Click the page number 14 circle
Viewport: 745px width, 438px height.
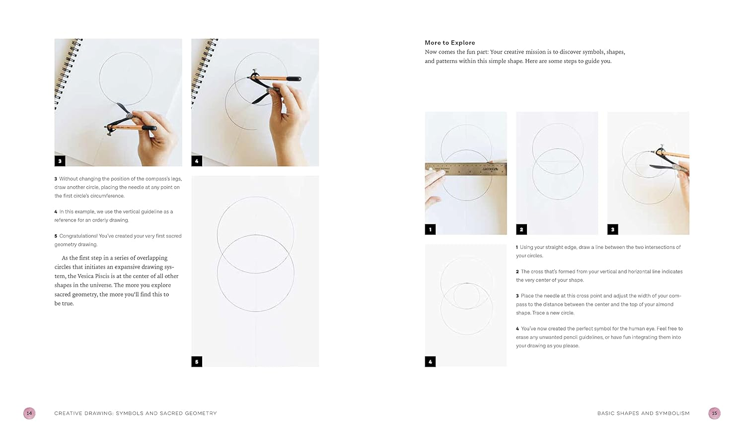pyautogui.click(x=29, y=413)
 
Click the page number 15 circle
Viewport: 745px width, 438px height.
pyautogui.click(x=714, y=413)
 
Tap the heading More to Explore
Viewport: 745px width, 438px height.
pyautogui.click(x=449, y=43)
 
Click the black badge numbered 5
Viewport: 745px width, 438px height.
pyautogui.click(x=197, y=362)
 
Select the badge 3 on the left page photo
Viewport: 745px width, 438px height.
pyautogui.click(x=60, y=161)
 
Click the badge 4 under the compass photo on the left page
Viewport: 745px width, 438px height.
pyautogui.click(x=197, y=161)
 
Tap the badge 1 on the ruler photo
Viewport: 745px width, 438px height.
pyautogui.click(x=430, y=229)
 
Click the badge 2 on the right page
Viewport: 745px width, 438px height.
pyautogui.click(x=521, y=229)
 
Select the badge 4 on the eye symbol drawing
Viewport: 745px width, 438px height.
pyautogui.click(x=430, y=362)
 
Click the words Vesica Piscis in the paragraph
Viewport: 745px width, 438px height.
pyautogui.click(x=96, y=276)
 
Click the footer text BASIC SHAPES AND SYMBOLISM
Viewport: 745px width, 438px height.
pyautogui.click(x=643, y=413)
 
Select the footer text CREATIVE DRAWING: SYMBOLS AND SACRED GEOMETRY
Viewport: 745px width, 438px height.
pyautogui.click(x=136, y=413)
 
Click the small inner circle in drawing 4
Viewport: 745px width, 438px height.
pyautogui.click(x=466, y=296)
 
